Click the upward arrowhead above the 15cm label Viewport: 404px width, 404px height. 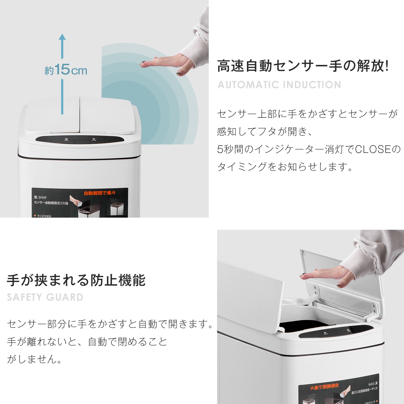pyautogui.click(x=62, y=37)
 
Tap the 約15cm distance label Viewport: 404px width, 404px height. pyautogui.click(x=66, y=70)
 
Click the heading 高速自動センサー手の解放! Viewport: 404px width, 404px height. pyautogui.click(x=303, y=66)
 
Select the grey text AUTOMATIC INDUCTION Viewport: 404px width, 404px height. pyautogui.click(x=279, y=85)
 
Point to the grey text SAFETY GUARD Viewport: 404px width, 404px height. pyautogui.click(x=45, y=297)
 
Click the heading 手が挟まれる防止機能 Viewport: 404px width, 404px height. pyautogui.click(x=76, y=280)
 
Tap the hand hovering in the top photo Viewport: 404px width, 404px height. pyautogui.click(x=167, y=63)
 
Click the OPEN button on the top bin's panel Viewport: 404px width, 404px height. pyautogui.click(x=66, y=140)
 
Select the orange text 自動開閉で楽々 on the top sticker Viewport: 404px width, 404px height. pyautogui.click(x=99, y=193)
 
